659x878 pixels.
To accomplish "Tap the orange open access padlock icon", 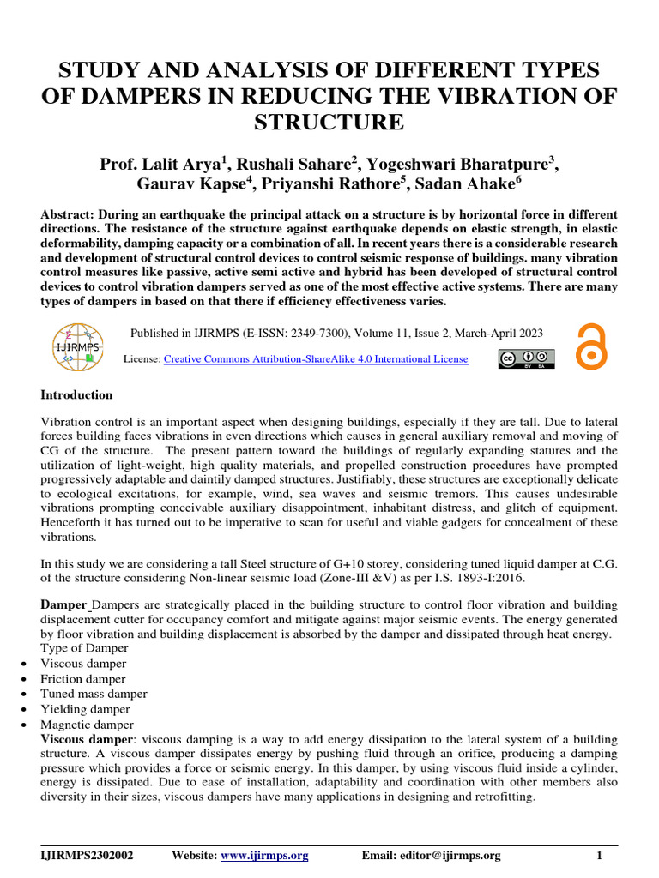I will (591, 346).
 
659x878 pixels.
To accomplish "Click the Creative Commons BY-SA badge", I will (525, 358).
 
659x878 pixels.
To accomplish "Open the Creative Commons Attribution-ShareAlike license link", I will (316, 359).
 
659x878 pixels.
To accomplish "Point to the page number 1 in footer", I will (600, 855).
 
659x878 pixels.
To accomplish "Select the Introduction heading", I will (77, 395).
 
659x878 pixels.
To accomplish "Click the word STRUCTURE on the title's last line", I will (329, 123).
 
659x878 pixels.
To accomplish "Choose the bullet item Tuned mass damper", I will (94, 694).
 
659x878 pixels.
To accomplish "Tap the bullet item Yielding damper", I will (86, 709).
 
